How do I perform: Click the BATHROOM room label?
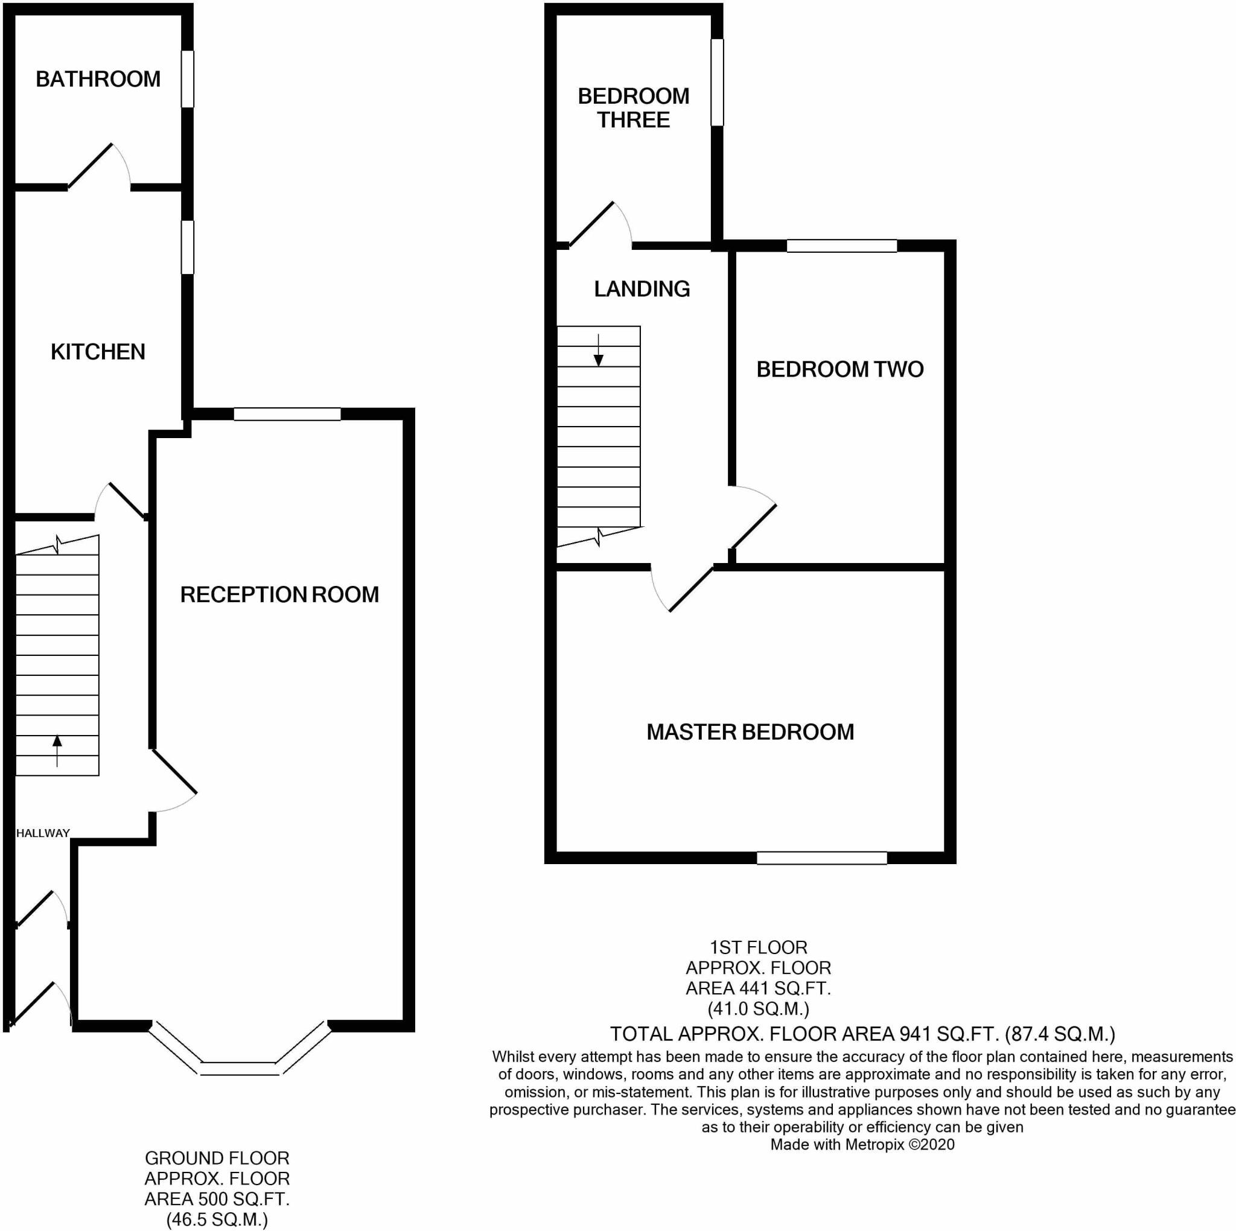[98, 79]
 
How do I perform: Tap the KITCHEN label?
[98, 352]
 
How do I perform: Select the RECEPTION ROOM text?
[279, 595]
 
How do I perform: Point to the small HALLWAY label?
[43, 833]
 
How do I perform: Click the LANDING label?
[642, 289]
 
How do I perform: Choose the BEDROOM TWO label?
[839, 369]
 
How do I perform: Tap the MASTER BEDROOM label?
[750, 732]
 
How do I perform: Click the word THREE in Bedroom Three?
[633, 120]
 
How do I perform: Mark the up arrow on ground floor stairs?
[57, 750]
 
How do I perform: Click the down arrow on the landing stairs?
[598, 351]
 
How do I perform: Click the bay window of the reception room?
[240, 1068]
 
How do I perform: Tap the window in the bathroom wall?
[187, 78]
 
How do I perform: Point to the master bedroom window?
[821, 858]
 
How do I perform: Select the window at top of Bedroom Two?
[841, 246]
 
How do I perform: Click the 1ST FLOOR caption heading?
[758, 947]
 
